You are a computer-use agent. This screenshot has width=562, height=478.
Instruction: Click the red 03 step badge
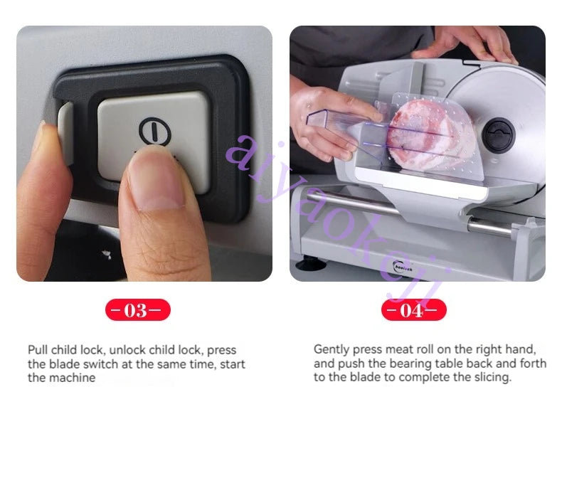click(137, 310)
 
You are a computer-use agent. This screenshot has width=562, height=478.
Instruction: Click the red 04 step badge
click(414, 310)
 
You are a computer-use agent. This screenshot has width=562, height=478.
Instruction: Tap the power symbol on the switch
click(154, 131)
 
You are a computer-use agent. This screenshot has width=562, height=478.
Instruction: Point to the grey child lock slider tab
click(65, 133)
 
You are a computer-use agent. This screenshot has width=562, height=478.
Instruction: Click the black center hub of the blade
click(498, 134)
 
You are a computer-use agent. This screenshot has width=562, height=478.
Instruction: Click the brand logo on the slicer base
click(402, 267)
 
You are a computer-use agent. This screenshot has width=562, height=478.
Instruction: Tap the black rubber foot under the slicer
click(310, 263)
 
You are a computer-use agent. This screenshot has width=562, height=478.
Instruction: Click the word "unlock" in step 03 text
click(127, 350)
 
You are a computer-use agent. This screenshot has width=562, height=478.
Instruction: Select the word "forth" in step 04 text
click(534, 363)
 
